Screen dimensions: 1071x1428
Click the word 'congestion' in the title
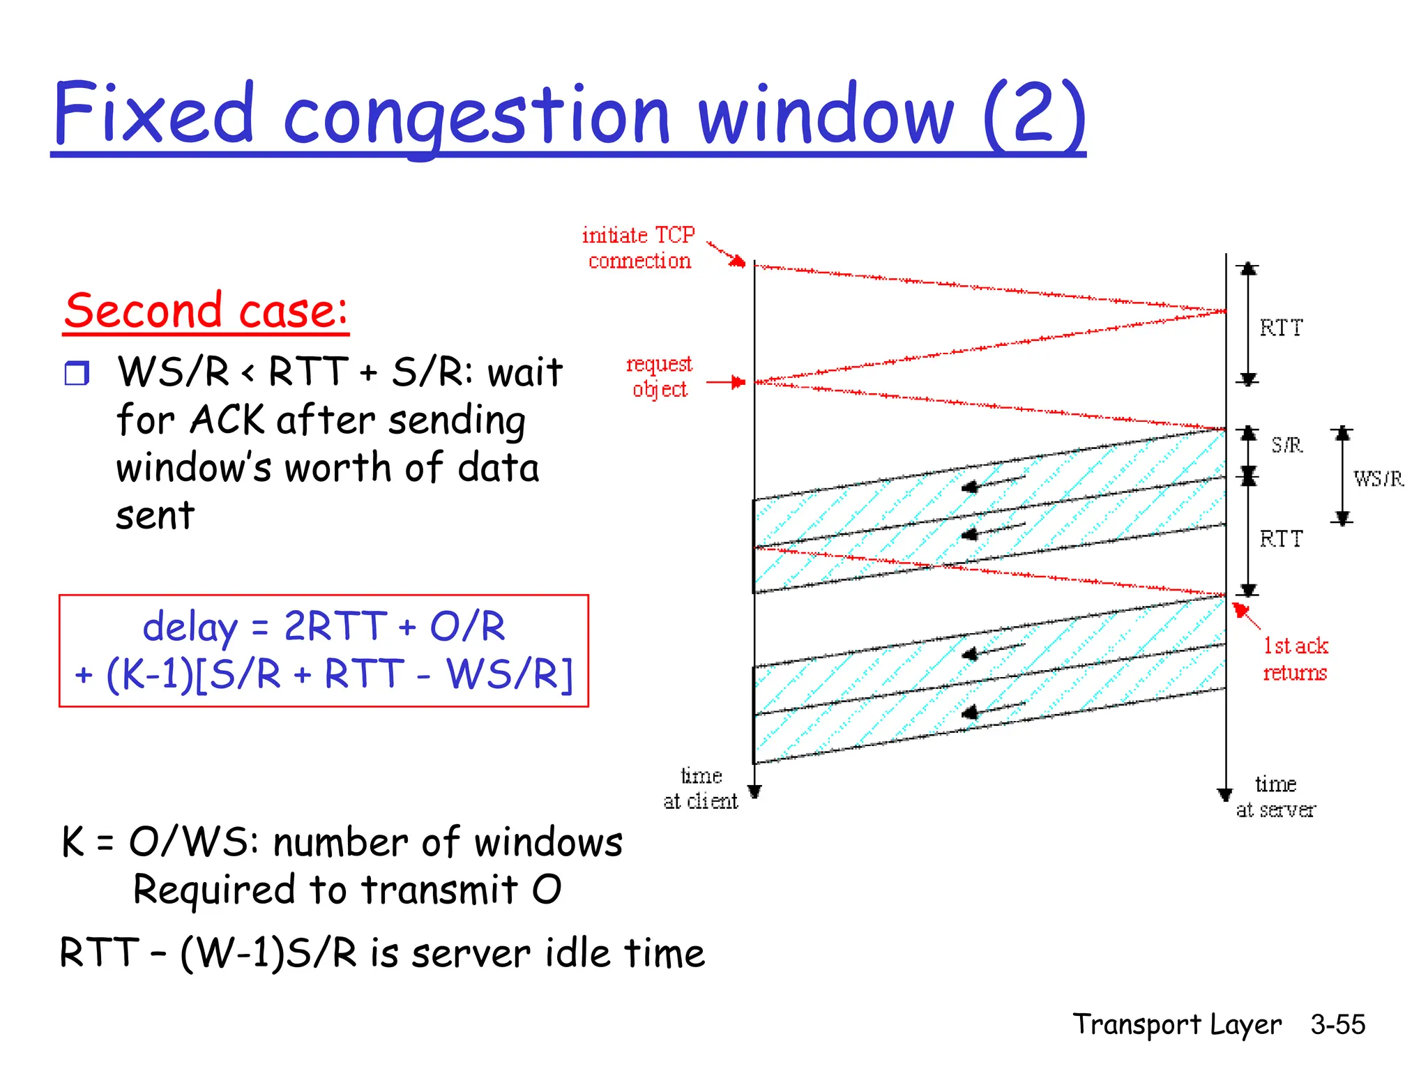click(x=476, y=115)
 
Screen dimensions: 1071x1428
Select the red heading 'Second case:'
click(x=206, y=311)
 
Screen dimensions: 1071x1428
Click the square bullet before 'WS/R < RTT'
click(x=77, y=373)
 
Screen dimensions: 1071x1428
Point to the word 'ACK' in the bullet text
click(x=227, y=420)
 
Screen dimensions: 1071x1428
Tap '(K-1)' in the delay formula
click(x=150, y=675)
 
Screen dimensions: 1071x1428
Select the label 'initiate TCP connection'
click(x=639, y=248)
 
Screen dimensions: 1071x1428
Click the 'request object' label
click(x=659, y=377)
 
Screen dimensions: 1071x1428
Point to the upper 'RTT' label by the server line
click(x=1281, y=328)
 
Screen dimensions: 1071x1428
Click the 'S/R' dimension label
click(x=1286, y=445)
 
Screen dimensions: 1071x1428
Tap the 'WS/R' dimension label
click(x=1378, y=478)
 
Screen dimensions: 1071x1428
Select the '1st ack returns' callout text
click(x=1296, y=659)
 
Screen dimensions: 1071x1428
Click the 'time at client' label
click(x=700, y=789)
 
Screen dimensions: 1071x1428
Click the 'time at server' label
click(x=1275, y=797)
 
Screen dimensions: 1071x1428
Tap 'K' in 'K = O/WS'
click(x=73, y=842)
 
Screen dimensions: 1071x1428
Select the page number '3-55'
click(x=1337, y=1024)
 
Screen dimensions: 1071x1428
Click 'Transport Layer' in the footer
click(x=1177, y=1024)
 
